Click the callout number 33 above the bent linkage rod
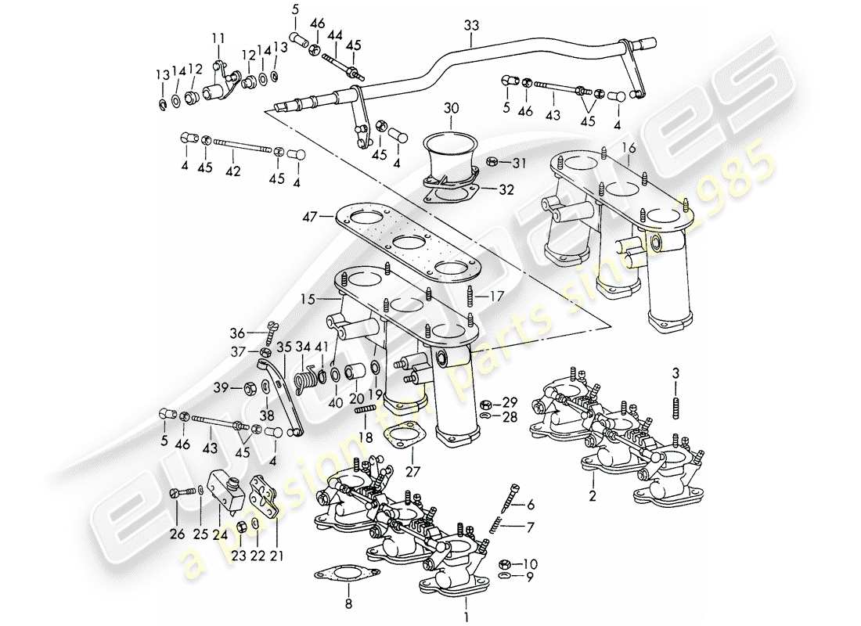470,25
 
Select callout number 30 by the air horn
450,106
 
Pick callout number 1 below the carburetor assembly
467,603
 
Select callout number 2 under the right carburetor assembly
593,496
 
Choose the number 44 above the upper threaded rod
336,37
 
